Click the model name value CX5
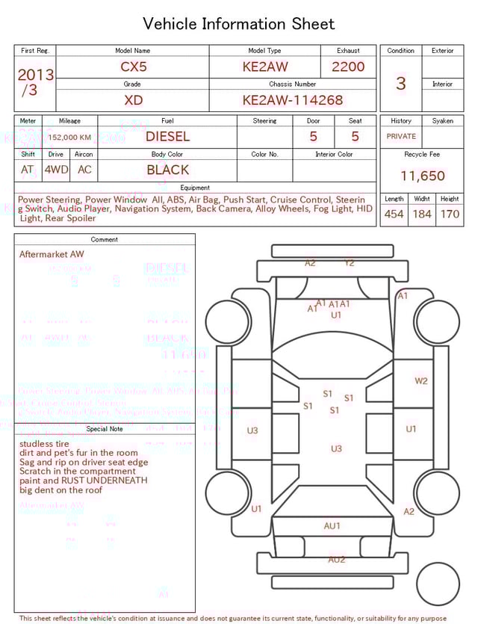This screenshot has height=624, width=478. click(x=134, y=67)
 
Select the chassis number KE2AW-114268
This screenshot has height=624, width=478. click(x=292, y=100)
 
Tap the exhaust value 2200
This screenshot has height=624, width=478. click(x=348, y=67)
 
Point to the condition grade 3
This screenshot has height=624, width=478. click(x=400, y=83)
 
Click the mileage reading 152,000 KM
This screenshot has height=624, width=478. click(x=69, y=138)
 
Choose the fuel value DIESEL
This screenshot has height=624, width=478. click(x=167, y=137)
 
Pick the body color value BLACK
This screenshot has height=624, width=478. click(x=167, y=170)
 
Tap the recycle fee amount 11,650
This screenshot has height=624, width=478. click(x=422, y=176)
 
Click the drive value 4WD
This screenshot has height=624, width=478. click(x=56, y=170)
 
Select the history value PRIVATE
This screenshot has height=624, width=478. click(x=401, y=137)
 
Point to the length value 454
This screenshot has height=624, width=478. click(x=394, y=214)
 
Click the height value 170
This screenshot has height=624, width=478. click(x=450, y=214)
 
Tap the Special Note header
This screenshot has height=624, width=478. click(x=105, y=429)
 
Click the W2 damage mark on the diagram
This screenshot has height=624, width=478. click(x=421, y=381)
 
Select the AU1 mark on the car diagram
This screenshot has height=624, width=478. click(x=332, y=526)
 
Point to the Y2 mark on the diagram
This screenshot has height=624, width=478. click(x=350, y=263)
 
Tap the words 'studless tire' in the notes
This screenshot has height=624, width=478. click(x=44, y=444)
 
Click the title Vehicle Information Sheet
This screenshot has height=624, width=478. click(x=239, y=24)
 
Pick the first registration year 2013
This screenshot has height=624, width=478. click(x=35, y=75)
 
